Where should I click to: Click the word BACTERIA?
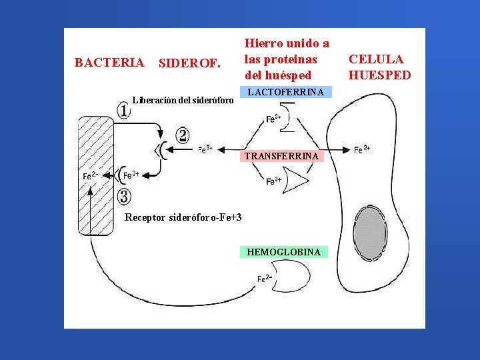pos(109,63)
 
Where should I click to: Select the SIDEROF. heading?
pos(189,64)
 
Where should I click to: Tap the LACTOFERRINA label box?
pos(285,92)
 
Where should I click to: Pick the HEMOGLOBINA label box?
pos(284,252)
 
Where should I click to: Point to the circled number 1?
pos(123,111)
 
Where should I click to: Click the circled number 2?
pos(183,135)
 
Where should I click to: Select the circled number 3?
pos(124,196)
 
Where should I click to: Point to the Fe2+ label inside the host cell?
pos(362,150)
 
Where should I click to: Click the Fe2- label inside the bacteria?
pos(90,176)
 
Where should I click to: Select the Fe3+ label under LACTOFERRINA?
pos(273,119)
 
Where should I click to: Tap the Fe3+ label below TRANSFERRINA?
pos(273,181)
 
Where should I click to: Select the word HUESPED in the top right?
pos(379,75)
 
